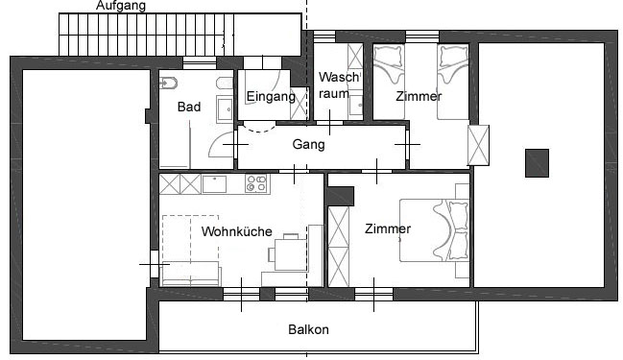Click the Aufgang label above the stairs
(121, 6)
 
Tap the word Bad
(189, 107)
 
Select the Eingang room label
(271, 97)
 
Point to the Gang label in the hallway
(308, 144)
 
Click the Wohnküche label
(236, 231)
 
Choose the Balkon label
(308, 329)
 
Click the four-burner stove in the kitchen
(256, 183)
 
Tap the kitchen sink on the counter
(214, 184)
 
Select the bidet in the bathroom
(168, 84)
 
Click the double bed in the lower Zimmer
(434, 230)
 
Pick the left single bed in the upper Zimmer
(389, 82)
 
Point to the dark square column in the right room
(538, 163)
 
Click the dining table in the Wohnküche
(291, 253)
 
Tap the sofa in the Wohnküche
(190, 274)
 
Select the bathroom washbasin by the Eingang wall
(225, 108)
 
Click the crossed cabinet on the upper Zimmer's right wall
(478, 145)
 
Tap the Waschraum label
(339, 85)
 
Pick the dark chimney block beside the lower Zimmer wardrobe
(340, 196)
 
